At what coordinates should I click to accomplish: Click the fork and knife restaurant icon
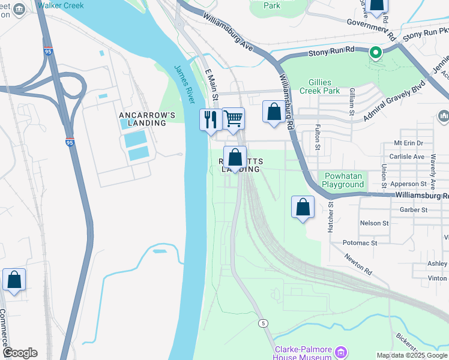(x=209, y=119)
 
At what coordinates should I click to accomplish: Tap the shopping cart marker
(x=233, y=118)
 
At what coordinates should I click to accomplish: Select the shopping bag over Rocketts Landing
(x=236, y=158)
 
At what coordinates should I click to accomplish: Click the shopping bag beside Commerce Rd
(x=14, y=280)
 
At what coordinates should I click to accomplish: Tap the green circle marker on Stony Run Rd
(x=376, y=53)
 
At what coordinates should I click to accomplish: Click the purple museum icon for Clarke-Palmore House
(x=341, y=351)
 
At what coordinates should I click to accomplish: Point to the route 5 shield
(x=263, y=323)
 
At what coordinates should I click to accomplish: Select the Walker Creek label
(x=61, y=5)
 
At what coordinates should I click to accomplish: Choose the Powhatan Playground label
(x=345, y=180)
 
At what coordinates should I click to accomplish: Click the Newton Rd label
(x=358, y=264)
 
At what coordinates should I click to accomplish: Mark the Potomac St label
(x=360, y=243)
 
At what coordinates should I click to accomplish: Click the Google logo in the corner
(x=20, y=353)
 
